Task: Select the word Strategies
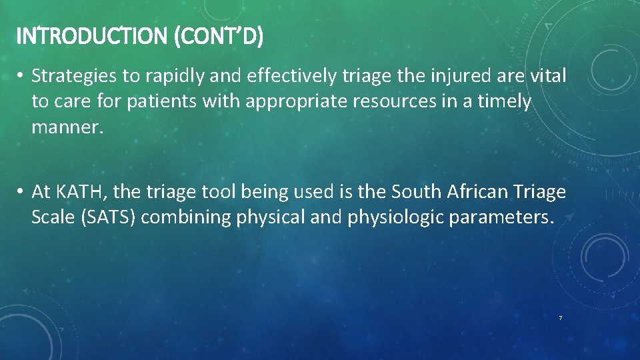point(75,77)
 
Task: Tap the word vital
point(547,77)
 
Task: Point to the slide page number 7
point(560,319)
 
